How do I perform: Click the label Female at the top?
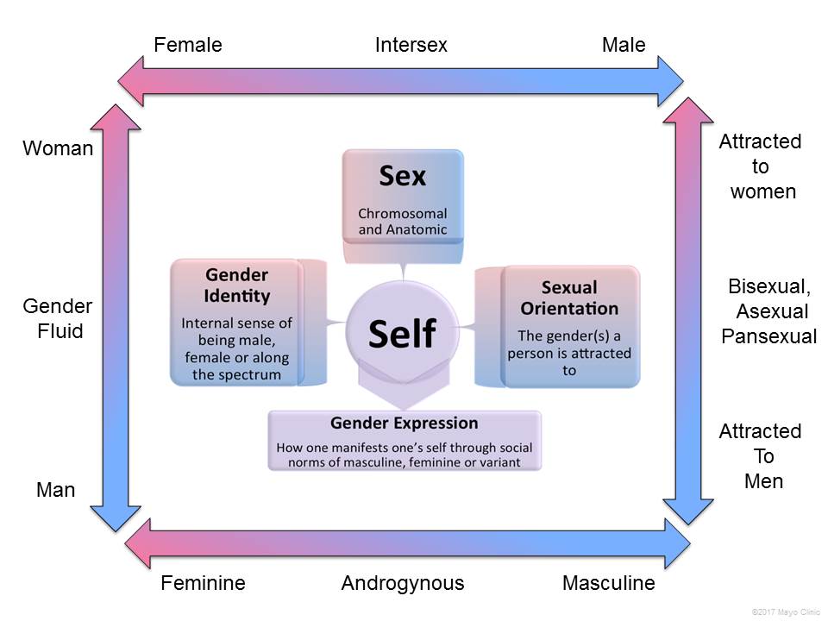pyautogui.click(x=188, y=45)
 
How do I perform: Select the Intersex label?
pyautogui.click(x=411, y=45)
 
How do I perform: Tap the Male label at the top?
pyautogui.click(x=623, y=45)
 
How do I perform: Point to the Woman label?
pyautogui.click(x=58, y=148)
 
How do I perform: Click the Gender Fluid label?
pyautogui.click(x=58, y=318)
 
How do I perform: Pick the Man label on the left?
pyautogui.click(x=56, y=490)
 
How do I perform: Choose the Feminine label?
pyautogui.click(x=203, y=583)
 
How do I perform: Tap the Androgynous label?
pyautogui.click(x=403, y=583)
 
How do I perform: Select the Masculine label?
pyautogui.click(x=608, y=583)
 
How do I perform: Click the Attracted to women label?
pyautogui.click(x=761, y=166)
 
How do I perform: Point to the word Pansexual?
pyautogui.click(x=768, y=336)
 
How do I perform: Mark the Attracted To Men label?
pyautogui.click(x=761, y=455)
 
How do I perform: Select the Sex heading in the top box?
pyautogui.click(x=403, y=177)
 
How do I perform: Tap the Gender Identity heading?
pyautogui.click(x=237, y=285)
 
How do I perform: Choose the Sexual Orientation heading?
pyautogui.click(x=569, y=298)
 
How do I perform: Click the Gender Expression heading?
pyautogui.click(x=404, y=423)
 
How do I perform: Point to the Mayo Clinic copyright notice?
pyautogui.click(x=785, y=611)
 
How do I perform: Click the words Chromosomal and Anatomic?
pyautogui.click(x=403, y=221)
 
